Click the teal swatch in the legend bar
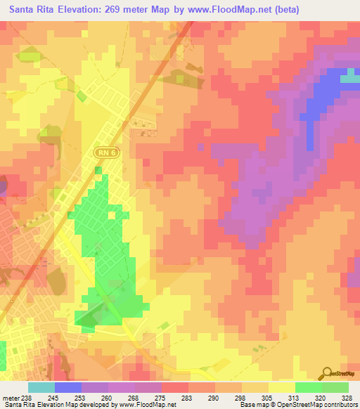tap(41, 387)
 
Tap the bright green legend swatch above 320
tap(308, 387)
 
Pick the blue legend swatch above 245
tap(68, 387)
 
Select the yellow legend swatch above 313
tap(281, 387)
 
